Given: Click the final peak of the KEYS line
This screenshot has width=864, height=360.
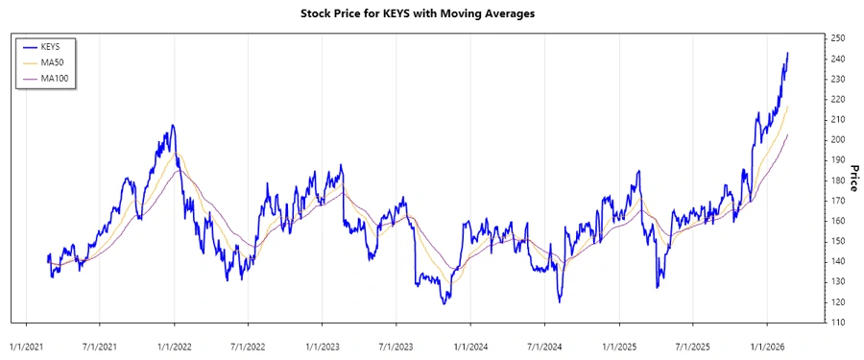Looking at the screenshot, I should (x=788, y=53).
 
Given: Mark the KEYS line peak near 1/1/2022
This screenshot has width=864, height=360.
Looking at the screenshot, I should (x=173, y=125).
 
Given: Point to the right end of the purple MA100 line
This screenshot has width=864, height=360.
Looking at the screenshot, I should (x=788, y=134).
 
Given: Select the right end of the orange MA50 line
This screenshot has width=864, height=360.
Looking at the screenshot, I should (x=788, y=107).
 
